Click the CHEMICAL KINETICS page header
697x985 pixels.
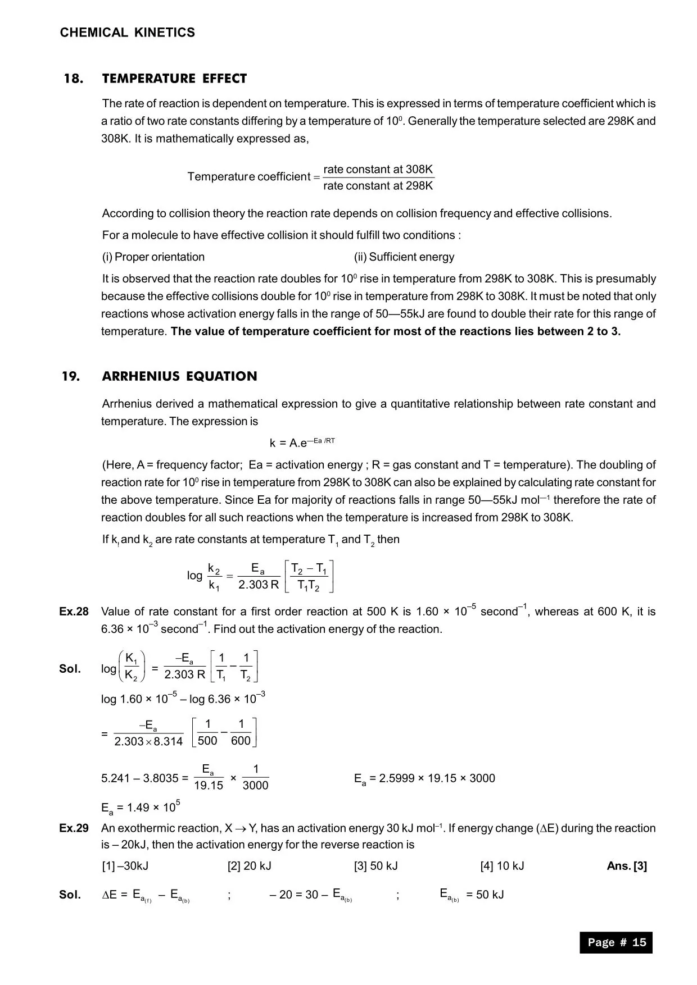point(128,33)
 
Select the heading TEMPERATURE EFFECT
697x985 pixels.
point(174,79)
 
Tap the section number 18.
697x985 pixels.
point(74,79)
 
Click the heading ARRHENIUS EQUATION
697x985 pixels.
point(179,376)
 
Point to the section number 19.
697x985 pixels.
point(71,376)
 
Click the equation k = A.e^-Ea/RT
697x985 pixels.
point(302,442)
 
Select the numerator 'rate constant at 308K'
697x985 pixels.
point(378,169)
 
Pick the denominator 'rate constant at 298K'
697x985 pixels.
point(378,185)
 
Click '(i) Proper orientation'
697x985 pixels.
point(153,257)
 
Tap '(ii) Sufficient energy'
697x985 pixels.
point(404,257)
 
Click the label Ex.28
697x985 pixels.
point(74,612)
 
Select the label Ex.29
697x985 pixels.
point(74,828)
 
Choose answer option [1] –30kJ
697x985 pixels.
point(125,865)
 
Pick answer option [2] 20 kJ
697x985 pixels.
point(249,865)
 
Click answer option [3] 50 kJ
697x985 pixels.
point(375,865)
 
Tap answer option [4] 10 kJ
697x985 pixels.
point(502,865)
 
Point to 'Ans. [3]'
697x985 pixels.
point(627,865)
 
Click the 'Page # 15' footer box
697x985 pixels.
point(616,942)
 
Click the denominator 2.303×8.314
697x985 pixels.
point(148,741)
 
